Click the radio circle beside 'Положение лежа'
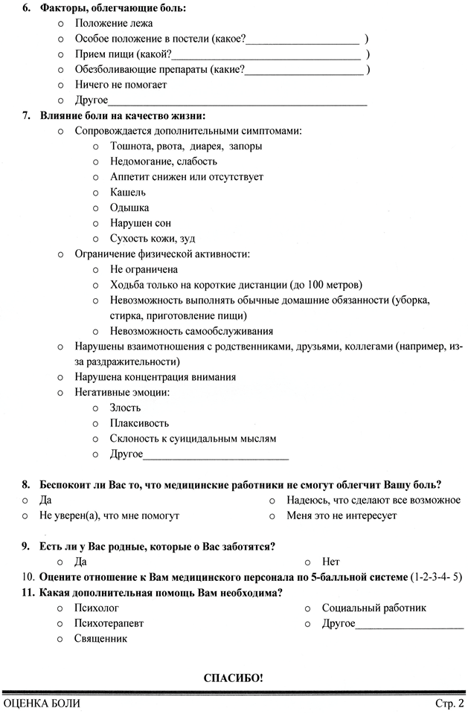click(60, 24)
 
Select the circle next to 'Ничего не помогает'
click(60, 85)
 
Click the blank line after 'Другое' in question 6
click(237, 101)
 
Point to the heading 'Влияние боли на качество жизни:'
click(123, 115)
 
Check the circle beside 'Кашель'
click(96, 193)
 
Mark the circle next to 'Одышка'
click(96, 208)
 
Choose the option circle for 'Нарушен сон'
click(96, 223)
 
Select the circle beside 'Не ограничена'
click(96, 269)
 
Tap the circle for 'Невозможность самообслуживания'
click(96, 331)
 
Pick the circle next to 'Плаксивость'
click(96, 423)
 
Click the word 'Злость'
click(125, 408)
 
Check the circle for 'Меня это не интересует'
click(272, 515)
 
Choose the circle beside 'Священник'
click(60, 639)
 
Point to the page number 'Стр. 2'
click(449, 703)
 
